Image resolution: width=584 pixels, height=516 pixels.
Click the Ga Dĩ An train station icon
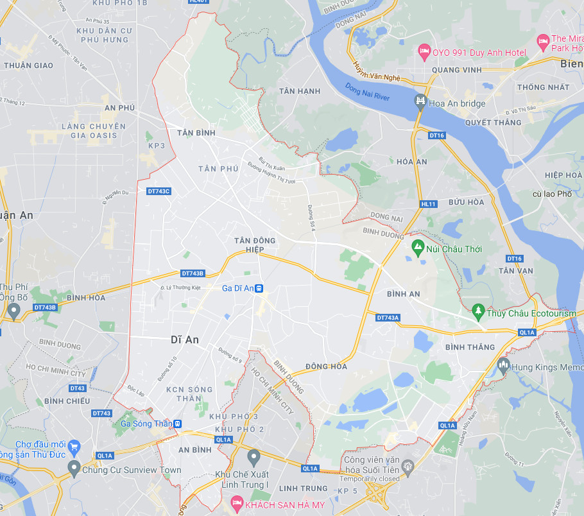[x=259, y=289]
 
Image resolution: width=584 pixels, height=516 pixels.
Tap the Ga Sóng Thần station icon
[x=177, y=424]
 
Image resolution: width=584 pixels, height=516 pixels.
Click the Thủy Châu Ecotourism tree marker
[x=477, y=311]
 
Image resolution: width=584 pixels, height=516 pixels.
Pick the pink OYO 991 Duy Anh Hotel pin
[x=424, y=50]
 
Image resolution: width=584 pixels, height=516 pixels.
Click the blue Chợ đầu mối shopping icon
[x=74, y=445]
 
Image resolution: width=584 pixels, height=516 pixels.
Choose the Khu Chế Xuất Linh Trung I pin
[x=253, y=457]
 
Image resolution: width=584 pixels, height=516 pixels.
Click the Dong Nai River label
[x=368, y=92]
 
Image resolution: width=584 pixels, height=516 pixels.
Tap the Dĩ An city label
[x=185, y=340]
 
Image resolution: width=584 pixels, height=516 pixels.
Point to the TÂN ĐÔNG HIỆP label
[x=255, y=245]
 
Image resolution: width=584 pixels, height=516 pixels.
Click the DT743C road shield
[x=159, y=191]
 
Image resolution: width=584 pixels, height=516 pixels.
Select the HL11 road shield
[x=429, y=204]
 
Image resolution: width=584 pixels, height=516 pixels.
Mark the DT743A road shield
[x=388, y=318]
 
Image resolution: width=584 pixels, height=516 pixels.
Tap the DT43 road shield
[x=78, y=388]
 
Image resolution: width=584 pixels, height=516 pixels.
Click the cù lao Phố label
[x=551, y=193]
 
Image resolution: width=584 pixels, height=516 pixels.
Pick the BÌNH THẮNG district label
[x=470, y=347]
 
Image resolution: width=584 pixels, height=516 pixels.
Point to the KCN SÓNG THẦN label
[x=189, y=394]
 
